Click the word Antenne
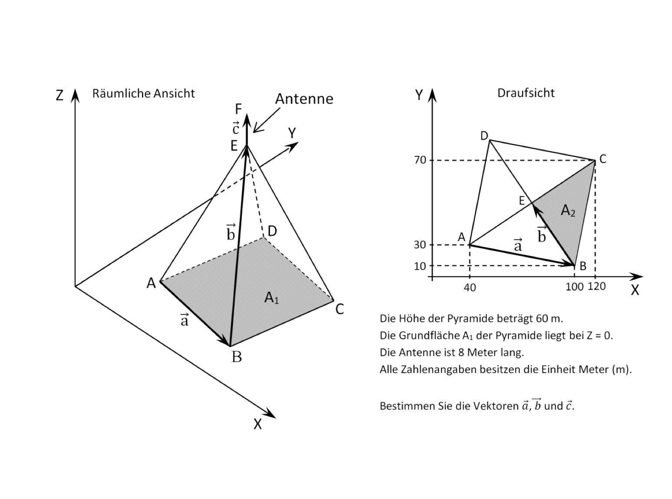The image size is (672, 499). point(304,99)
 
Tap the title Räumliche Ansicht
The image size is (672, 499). point(143,93)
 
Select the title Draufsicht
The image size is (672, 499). point(526,93)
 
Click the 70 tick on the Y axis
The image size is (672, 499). point(420,160)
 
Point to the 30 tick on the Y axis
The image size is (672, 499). point(420,245)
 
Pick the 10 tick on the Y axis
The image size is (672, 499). point(420,266)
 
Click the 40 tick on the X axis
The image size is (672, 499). point(470,287)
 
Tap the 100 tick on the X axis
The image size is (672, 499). point(574,287)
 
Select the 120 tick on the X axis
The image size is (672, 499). point(596,286)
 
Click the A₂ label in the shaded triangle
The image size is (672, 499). point(568,210)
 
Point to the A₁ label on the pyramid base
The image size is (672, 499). point(271,298)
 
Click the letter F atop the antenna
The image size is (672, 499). point(238,108)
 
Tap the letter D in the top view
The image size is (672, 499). point(484,136)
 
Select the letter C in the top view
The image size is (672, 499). point(603,159)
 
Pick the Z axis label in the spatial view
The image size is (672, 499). point(59,95)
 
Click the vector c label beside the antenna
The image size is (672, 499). point(236,128)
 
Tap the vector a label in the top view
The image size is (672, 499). point(517,245)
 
